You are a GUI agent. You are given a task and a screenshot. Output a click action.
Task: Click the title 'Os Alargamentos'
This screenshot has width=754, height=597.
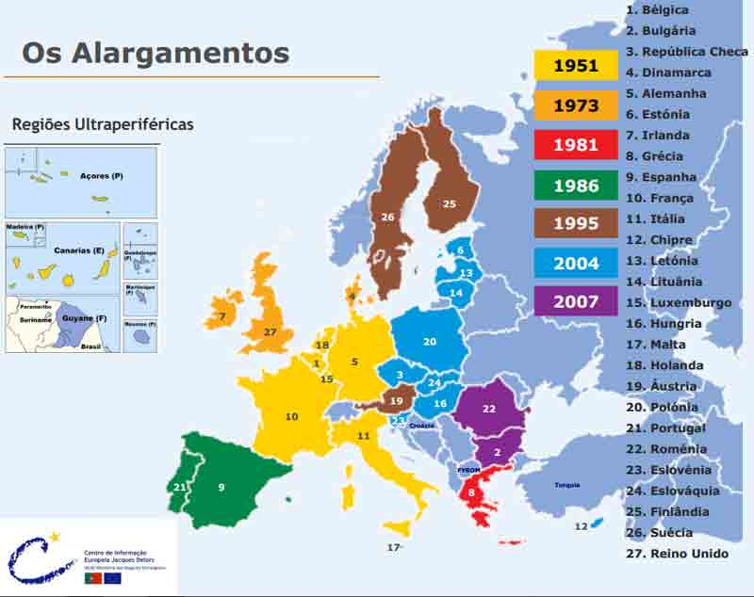click(156, 52)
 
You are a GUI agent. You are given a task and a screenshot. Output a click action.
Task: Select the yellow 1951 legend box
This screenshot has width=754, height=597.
click(576, 65)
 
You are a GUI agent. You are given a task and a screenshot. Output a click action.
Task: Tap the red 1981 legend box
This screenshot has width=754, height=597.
click(576, 146)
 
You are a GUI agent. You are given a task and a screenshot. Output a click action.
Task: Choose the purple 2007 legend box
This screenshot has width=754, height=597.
click(576, 300)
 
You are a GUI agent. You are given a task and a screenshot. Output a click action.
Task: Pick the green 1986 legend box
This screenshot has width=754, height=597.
click(576, 186)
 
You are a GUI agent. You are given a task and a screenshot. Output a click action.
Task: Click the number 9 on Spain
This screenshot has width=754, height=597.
click(221, 487)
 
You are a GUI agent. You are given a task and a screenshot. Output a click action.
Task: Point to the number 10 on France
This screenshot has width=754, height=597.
click(291, 416)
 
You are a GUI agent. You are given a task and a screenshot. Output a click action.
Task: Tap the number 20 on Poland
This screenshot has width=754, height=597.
click(430, 341)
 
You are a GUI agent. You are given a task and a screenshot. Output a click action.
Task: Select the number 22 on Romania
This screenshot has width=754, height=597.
click(488, 409)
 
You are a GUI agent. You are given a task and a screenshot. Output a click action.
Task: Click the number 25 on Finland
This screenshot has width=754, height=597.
click(449, 203)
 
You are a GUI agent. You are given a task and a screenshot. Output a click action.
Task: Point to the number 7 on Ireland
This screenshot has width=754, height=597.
click(222, 316)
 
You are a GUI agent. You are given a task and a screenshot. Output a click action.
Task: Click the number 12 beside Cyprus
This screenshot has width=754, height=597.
click(581, 525)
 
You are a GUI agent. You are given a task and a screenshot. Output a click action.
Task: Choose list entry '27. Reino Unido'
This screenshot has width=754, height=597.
click(677, 553)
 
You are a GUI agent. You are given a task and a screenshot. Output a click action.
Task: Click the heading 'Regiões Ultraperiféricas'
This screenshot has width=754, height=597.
click(103, 124)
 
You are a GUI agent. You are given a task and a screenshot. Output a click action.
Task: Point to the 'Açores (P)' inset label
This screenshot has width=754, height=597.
click(101, 176)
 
